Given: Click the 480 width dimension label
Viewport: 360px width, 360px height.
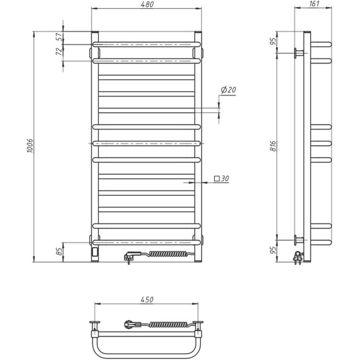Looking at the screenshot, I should pyautogui.click(x=147, y=5).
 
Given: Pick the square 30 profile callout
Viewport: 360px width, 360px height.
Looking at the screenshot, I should pyautogui.click(x=222, y=179).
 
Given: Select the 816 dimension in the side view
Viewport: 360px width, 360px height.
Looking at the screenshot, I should pyautogui.click(x=273, y=145).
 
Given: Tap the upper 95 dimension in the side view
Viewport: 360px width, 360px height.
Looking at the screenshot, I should pyautogui.click(x=273, y=42).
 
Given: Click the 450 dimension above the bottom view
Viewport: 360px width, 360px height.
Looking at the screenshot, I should pyautogui.click(x=147, y=300).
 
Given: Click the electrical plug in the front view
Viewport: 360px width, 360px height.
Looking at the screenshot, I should pyautogui.click(x=129, y=257).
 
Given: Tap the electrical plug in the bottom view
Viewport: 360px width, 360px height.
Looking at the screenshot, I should pyautogui.click(x=130, y=322).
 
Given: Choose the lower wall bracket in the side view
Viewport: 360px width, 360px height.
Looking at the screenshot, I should pyautogui.click(x=299, y=240).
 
